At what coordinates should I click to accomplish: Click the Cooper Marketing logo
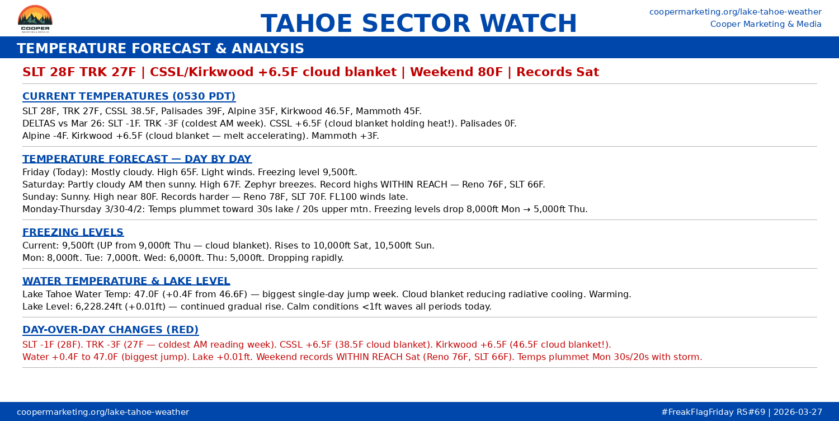coord(35,19)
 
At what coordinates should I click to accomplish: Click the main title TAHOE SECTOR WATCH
coord(418,24)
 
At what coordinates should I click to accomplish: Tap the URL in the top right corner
coord(735,12)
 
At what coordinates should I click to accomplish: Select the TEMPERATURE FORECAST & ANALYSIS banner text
coord(160,49)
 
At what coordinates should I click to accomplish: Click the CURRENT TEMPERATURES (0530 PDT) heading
coord(129,96)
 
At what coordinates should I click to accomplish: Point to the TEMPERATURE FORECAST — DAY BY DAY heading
coord(136,159)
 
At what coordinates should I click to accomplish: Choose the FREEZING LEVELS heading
coord(73,232)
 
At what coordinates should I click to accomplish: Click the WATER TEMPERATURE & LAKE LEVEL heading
coord(126,281)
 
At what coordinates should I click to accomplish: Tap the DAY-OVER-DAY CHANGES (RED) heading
coord(110,330)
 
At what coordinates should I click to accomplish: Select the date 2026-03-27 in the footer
coord(798,412)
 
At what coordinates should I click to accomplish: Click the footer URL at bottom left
coord(103,412)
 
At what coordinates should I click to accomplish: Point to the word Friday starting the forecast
coord(36,172)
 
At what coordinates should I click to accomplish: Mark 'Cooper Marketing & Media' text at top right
coord(766,24)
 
